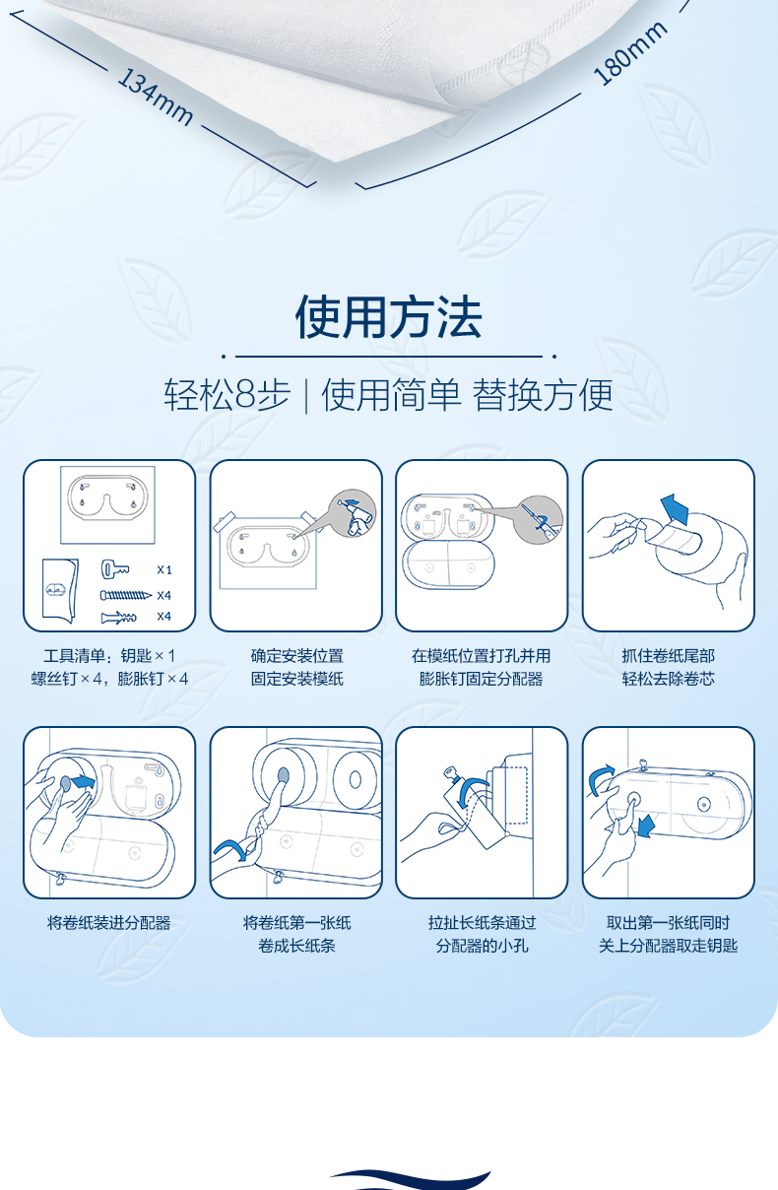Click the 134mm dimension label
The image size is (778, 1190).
tap(155, 97)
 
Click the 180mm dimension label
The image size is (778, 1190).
tap(630, 53)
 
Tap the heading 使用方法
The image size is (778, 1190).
tap(389, 316)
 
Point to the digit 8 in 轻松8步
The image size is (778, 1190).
tap(245, 395)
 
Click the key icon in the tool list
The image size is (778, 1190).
tap(114, 569)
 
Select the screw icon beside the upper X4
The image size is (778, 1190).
tap(126, 595)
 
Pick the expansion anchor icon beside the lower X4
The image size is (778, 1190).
tap(118, 617)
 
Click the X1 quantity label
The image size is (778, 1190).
tap(164, 570)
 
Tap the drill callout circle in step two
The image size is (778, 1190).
tap(354, 513)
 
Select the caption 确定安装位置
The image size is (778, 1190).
tap(296, 655)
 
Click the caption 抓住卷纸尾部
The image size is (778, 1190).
tap(668, 655)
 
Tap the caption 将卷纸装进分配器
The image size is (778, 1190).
tap(109, 923)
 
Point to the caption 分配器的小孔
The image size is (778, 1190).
tap(482, 946)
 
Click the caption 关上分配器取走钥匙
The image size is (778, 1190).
tap(668, 946)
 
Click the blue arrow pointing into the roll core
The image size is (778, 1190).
tap(84, 781)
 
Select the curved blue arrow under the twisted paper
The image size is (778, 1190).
tap(230, 848)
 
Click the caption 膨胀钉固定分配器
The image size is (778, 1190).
tap(482, 679)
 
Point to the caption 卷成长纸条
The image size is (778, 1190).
tap(296, 946)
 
